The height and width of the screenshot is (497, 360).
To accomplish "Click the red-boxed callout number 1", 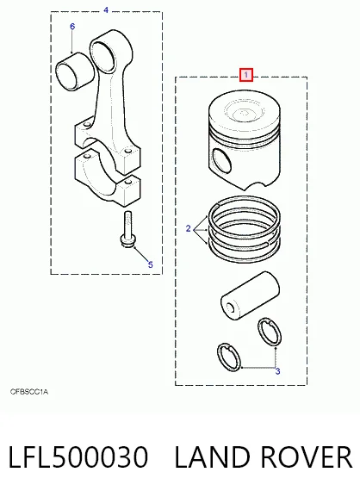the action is pos(246,75).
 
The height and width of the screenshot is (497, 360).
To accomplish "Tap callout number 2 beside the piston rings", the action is pos(189,228).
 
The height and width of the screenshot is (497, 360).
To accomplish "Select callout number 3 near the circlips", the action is pos(277,371).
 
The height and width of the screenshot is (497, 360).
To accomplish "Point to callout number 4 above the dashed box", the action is pos(106,10).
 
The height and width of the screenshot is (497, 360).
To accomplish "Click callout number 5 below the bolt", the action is pos(150,264).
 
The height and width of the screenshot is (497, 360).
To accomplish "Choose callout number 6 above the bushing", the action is pos(72,27).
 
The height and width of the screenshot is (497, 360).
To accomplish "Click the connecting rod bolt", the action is pos(127,229).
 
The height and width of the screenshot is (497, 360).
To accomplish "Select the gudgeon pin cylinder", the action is pos(250,295).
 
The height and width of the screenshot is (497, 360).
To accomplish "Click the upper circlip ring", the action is pos(269,332).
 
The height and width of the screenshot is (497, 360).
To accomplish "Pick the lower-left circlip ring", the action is pos(229,357).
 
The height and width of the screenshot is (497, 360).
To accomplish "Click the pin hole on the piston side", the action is pos(222,160).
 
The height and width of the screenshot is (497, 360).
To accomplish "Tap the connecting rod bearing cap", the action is pos(108,179).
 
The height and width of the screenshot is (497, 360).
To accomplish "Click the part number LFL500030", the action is pos(78,457).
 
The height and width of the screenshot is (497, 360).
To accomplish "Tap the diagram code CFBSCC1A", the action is pos(29,392).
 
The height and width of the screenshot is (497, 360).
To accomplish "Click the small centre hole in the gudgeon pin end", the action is pos(231,308).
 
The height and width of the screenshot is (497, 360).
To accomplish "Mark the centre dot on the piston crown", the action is pos(244,112).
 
